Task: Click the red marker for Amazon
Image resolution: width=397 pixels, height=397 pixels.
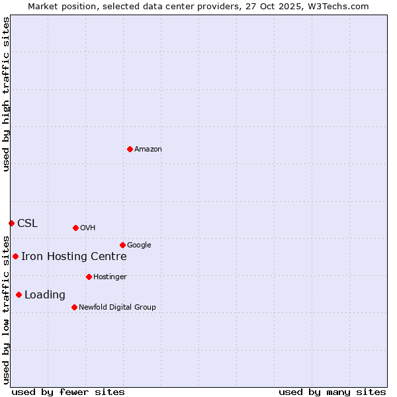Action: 130,149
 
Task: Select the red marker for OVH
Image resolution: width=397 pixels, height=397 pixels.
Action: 75,228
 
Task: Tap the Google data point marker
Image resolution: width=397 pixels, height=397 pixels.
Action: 122,245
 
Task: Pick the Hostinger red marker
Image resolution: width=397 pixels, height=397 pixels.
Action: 89,277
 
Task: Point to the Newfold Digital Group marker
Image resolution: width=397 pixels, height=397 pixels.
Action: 74,307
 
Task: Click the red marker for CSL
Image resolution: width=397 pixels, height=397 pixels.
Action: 11,223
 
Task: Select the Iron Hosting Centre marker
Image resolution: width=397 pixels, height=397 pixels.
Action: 15,256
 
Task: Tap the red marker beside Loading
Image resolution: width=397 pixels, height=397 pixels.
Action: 19,294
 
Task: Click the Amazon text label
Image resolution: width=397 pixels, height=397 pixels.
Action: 148,150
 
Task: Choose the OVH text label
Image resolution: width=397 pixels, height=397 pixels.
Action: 88,228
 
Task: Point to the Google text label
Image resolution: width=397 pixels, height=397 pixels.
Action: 139,245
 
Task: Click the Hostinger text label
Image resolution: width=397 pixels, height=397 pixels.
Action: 110,277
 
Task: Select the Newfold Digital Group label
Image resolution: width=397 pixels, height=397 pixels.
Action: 117,308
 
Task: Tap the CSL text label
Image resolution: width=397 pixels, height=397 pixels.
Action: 28,224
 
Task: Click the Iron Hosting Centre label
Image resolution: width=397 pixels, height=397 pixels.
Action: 74,257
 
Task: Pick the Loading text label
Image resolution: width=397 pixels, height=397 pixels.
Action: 45,295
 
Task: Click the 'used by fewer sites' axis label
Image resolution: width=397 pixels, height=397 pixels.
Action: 68,392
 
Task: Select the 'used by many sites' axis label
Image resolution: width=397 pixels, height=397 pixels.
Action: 332,392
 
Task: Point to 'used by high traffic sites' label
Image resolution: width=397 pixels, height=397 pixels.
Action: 7,94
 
